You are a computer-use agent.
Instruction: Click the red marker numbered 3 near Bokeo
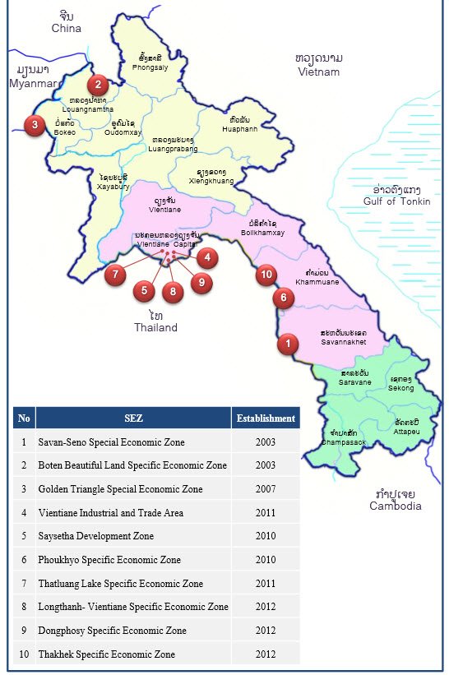coord(35,126)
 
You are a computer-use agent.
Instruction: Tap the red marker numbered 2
coord(99,83)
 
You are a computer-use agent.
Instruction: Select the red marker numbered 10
coord(266,275)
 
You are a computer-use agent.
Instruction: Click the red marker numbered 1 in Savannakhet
coord(287,344)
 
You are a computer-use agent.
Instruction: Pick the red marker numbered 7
coord(116,275)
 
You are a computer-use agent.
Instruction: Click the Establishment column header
coord(266,418)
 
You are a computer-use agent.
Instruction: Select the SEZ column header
coord(133,418)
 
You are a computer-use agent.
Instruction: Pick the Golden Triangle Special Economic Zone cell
coord(120,489)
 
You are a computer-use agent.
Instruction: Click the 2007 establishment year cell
coord(266,489)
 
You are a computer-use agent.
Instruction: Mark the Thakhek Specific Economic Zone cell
coord(106,654)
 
